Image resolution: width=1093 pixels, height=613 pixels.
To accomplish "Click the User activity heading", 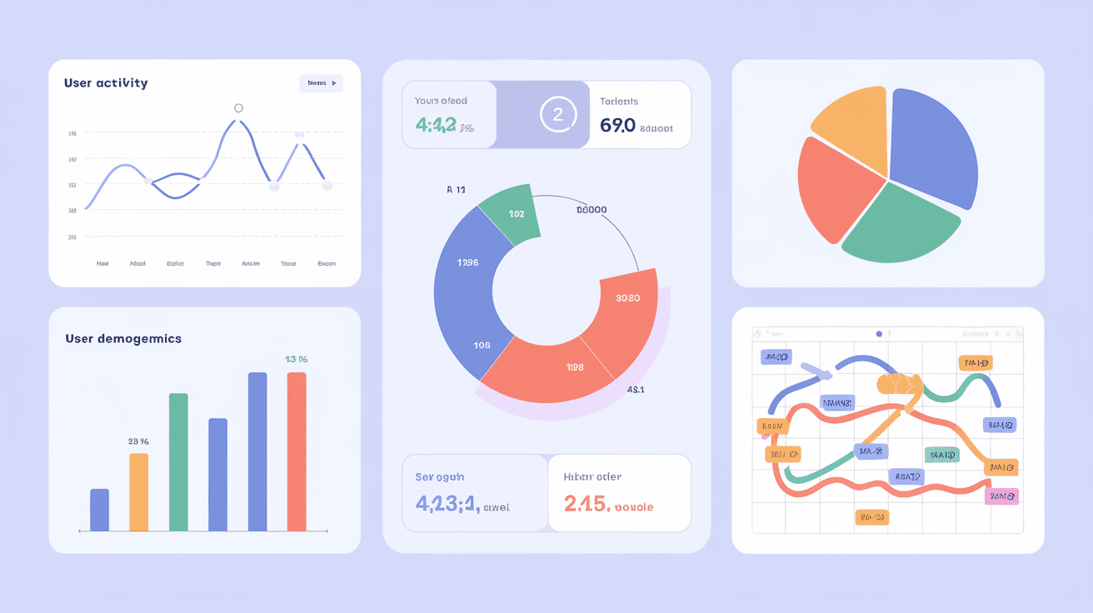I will click(106, 83).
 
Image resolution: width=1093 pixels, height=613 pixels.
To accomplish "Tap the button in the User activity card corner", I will click(321, 83).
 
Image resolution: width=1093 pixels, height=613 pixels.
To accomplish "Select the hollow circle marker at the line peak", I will click(239, 108).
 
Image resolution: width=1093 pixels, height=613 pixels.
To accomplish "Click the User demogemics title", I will click(123, 339).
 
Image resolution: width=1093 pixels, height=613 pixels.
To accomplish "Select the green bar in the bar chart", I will click(178, 462).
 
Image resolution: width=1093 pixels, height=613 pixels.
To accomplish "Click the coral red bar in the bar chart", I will click(297, 451).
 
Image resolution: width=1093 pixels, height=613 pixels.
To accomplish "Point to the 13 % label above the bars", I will click(297, 360).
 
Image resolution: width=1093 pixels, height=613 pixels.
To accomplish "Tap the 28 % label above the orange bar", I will click(138, 441).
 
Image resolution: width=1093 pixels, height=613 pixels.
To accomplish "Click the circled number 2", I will click(558, 116).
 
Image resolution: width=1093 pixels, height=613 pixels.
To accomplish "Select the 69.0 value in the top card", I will click(617, 126).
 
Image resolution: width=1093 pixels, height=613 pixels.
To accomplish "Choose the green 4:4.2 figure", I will click(435, 126).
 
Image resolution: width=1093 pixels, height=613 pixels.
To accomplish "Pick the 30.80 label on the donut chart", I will click(626, 298).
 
